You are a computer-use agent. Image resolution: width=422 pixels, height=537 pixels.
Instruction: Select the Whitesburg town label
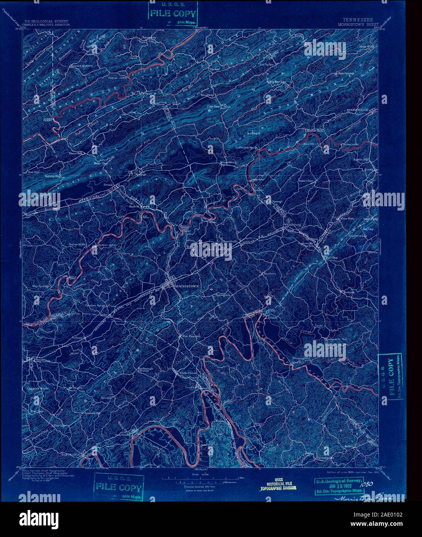[x=292, y=224]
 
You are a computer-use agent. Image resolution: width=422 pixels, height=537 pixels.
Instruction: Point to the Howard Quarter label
[x=81, y=66]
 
